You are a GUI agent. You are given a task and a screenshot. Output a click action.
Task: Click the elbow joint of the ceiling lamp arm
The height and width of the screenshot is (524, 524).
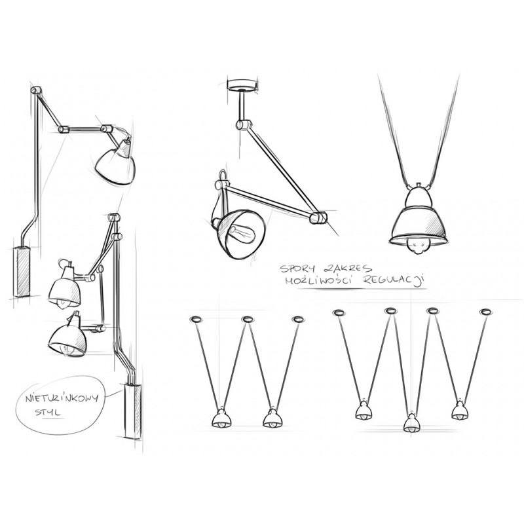(x=320, y=217)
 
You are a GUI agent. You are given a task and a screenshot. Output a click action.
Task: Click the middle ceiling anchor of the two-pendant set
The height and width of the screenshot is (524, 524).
(x=248, y=319)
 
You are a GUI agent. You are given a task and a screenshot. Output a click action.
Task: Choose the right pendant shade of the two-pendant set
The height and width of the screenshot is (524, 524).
(x=270, y=419)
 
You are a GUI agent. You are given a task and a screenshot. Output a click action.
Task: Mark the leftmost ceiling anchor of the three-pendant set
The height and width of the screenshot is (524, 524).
(x=339, y=311)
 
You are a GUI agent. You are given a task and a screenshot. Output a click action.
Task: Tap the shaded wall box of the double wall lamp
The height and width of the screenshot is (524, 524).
(x=130, y=411)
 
